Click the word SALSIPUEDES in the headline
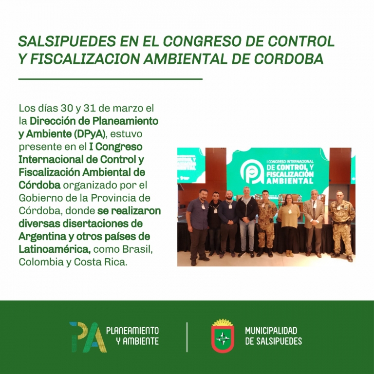point(67,41)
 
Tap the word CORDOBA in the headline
point(289,58)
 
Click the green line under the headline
point(111,79)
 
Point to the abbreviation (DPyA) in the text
point(89,134)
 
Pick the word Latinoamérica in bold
point(55,249)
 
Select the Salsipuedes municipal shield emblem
point(223,336)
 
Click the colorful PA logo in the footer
point(88,337)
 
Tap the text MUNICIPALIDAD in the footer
point(271,331)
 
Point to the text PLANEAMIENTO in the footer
point(132,331)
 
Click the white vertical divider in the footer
point(187,337)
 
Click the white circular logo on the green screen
point(252,172)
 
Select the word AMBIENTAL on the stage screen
point(290,181)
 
